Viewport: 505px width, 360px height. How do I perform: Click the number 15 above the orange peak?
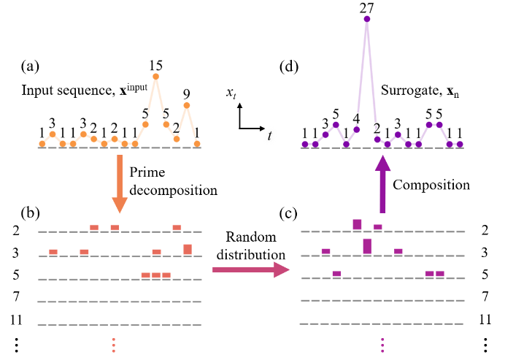155,66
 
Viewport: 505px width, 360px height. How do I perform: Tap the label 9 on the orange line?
186,94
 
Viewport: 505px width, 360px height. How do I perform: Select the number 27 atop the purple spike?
366,8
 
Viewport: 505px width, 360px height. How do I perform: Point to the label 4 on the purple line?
356,118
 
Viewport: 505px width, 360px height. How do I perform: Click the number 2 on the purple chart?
377,129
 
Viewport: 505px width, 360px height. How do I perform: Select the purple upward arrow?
382,184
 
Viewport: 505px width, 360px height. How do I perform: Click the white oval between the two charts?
270,135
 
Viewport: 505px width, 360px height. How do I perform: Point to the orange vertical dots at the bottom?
113,345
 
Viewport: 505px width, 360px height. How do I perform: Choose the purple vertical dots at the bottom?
382,345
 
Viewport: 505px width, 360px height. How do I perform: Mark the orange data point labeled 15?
155,76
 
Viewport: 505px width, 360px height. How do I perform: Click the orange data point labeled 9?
186,105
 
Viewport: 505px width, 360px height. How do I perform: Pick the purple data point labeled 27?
366,19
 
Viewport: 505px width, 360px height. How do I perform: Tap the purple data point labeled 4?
356,129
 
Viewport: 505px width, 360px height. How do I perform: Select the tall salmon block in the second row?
188,250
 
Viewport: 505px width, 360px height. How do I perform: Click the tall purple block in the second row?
367,246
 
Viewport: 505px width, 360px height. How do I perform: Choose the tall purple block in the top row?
357,225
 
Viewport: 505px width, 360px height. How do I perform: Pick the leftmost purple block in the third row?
336,274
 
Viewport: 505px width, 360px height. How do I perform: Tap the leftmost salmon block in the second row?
53,252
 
